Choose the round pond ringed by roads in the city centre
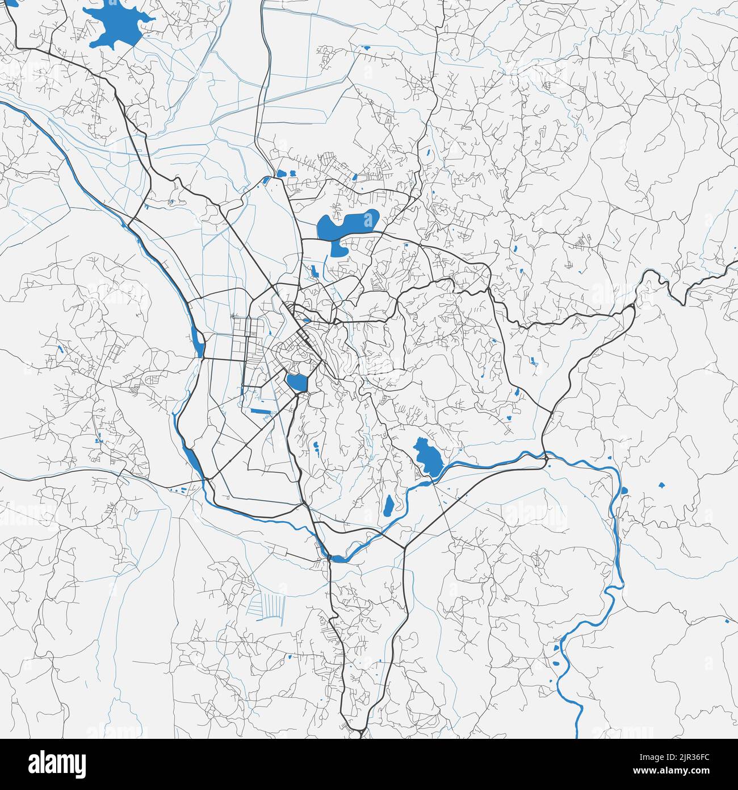coord(296,382)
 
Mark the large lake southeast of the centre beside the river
coord(426,458)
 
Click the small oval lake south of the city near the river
coord(389,505)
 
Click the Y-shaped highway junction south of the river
coord(404,548)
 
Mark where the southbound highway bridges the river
coord(329,558)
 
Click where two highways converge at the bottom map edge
coord(361,730)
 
